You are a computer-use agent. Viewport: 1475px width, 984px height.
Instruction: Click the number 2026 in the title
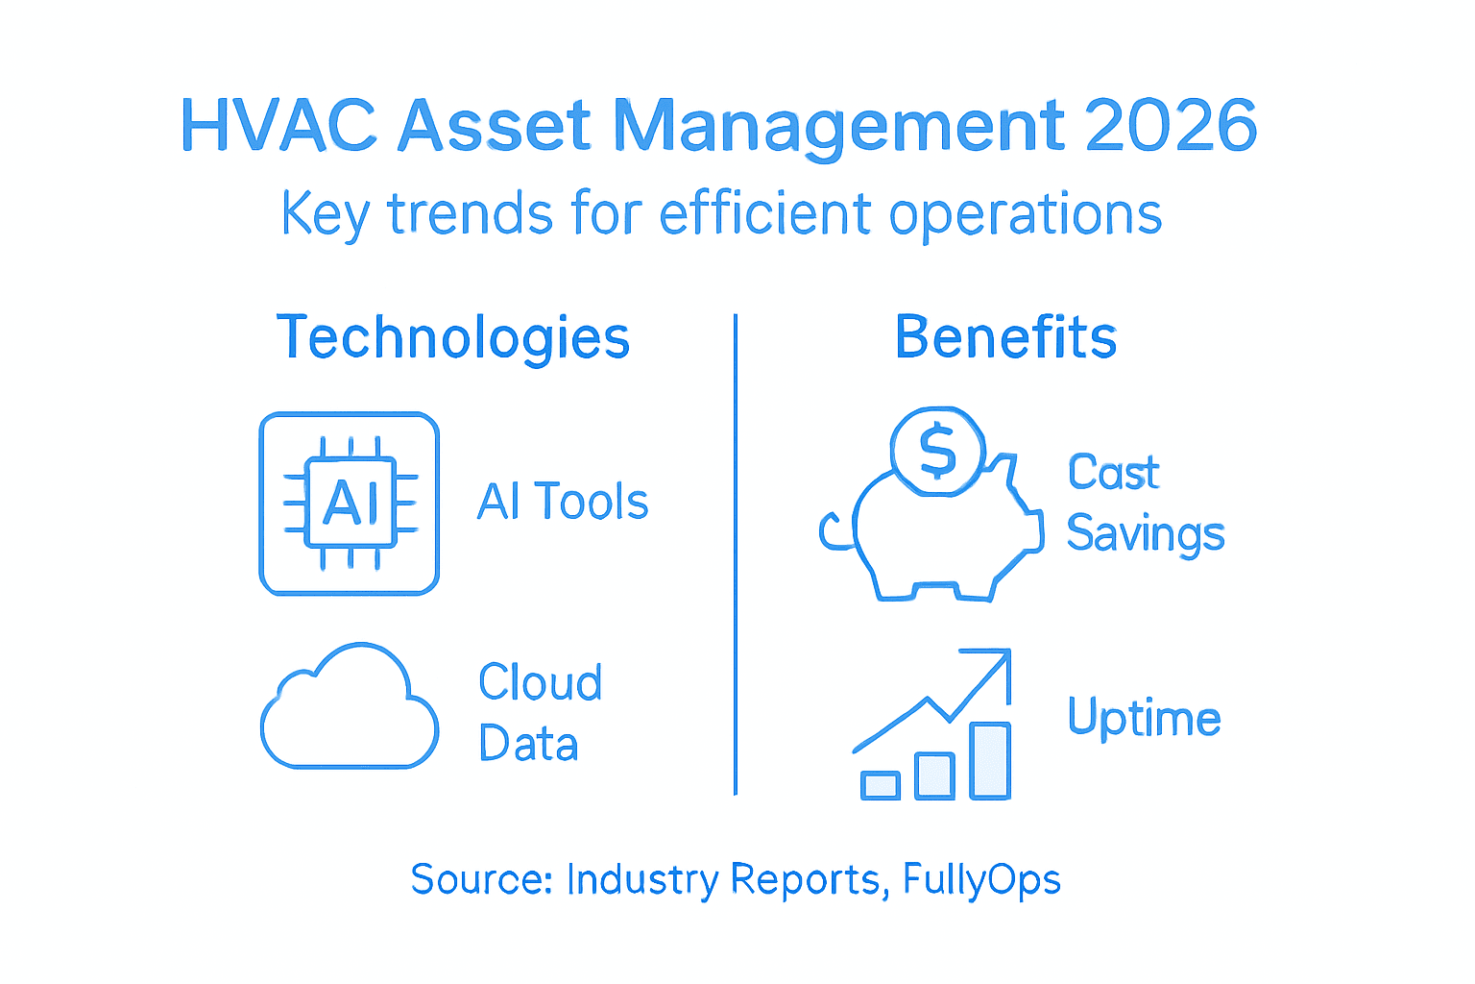click(1171, 126)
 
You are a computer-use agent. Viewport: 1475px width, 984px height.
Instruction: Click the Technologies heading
click(453, 338)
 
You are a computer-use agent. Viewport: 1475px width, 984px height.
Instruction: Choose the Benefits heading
click(1005, 337)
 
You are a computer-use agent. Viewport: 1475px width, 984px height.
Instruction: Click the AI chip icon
click(350, 504)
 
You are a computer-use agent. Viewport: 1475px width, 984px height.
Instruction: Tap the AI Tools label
click(563, 502)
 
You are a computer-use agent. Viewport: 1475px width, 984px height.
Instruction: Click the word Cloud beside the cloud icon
click(541, 682)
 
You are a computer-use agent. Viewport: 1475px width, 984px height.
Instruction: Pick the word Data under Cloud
click(528, 744)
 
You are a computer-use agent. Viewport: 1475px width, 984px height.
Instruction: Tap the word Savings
click(1146, 534)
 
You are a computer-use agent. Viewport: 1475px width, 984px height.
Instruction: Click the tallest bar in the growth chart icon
click(990, 760)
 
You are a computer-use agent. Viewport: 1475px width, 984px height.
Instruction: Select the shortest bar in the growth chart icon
click(881, 785)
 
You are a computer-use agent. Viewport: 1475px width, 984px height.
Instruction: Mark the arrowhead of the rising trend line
click(999, 661)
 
